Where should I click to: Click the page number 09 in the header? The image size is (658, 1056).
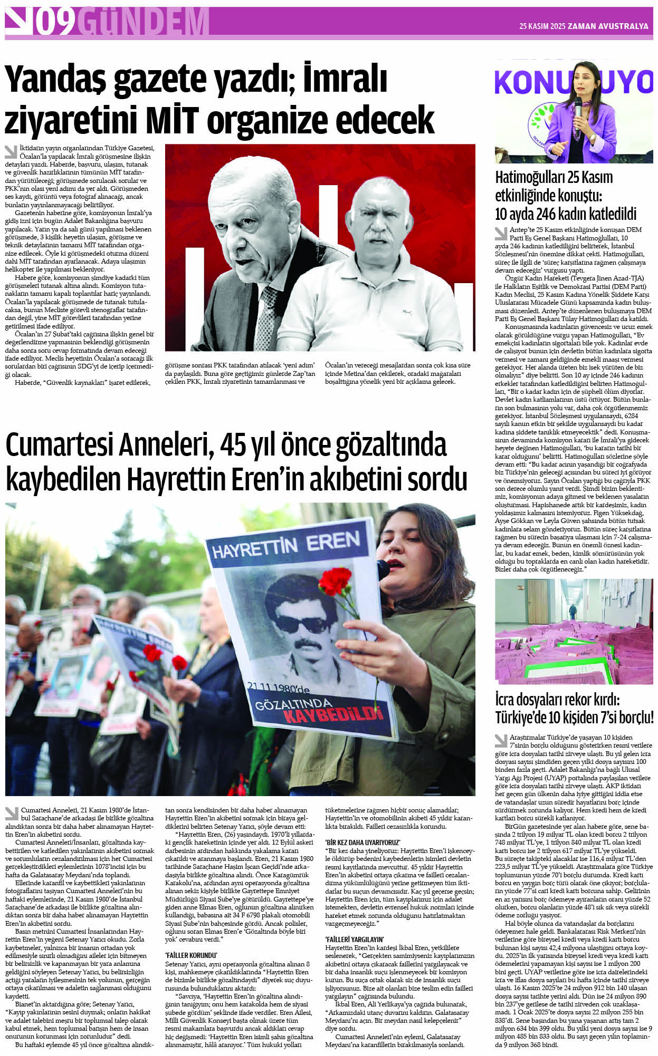pos(55,22)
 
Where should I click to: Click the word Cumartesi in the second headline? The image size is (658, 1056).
pos(58,445)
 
